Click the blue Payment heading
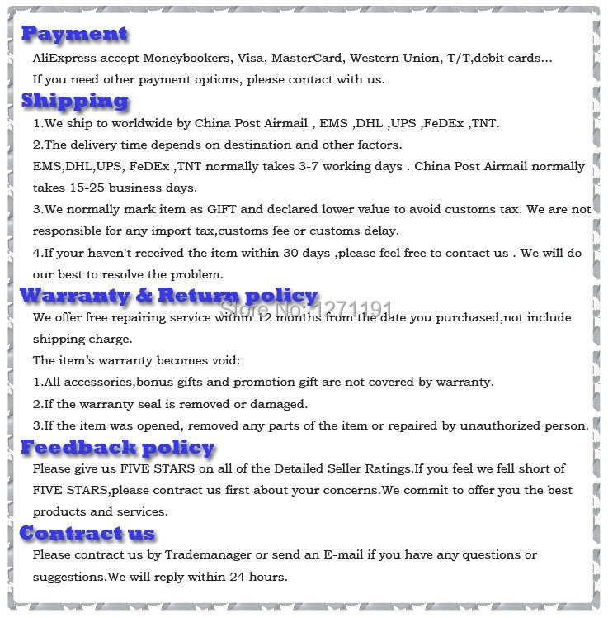(x=74, y=34)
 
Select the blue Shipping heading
(x=75, y=101)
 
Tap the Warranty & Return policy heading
(x=168, y=296)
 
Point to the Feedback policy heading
(x=117, y=448)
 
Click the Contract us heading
(x=87, y=533)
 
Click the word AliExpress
(x=63, y=59)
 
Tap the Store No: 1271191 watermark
(x=305, y=309)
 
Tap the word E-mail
(x=346, y=554)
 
